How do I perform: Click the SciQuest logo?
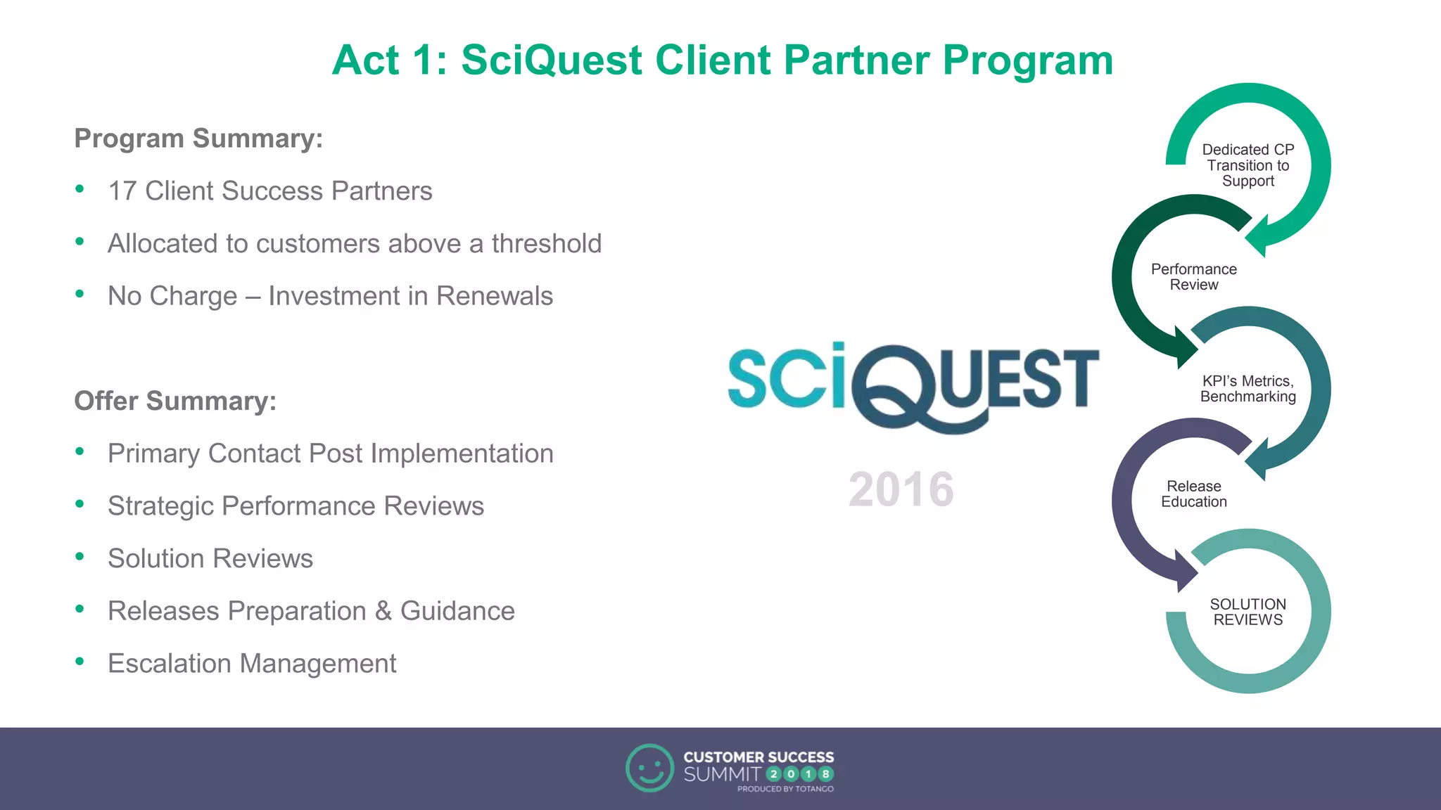pos(913,385)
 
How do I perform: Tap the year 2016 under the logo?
pos(901,489)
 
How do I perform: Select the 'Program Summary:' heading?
pos(198,139)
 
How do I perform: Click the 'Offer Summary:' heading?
pos(175,401)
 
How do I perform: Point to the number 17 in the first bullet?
pos(122,191)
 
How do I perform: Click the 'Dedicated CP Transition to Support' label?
pos(1248,165)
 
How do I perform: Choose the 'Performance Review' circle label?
pos(1193,277)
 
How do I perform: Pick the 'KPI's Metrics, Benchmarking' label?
pos(1248,389)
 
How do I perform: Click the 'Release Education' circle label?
pos(1193,494)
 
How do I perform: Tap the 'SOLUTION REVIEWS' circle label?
pos(1248,612)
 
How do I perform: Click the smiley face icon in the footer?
pos(649,768)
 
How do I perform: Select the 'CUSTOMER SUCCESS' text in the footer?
pos(758,757)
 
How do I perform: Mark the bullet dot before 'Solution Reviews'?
pos(80,556)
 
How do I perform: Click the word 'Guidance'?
pos(457,611)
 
